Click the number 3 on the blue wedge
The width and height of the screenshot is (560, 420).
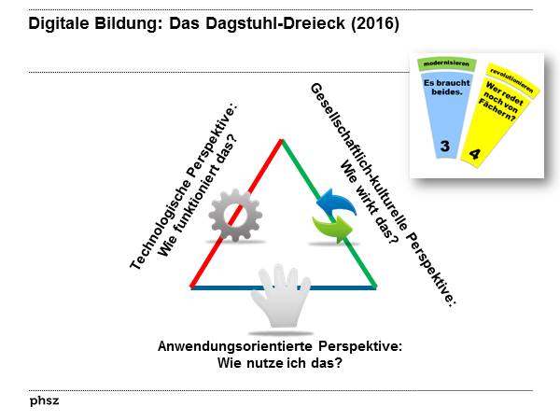click(x=444, y=146)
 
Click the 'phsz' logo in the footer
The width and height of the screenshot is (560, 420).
click(x=42, y=399)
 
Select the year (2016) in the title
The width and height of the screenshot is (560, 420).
click(x=372, y=25)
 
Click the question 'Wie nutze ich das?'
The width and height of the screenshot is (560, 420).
click(x=279, y=362)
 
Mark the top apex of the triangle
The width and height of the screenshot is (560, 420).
click(x=281, y=140)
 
